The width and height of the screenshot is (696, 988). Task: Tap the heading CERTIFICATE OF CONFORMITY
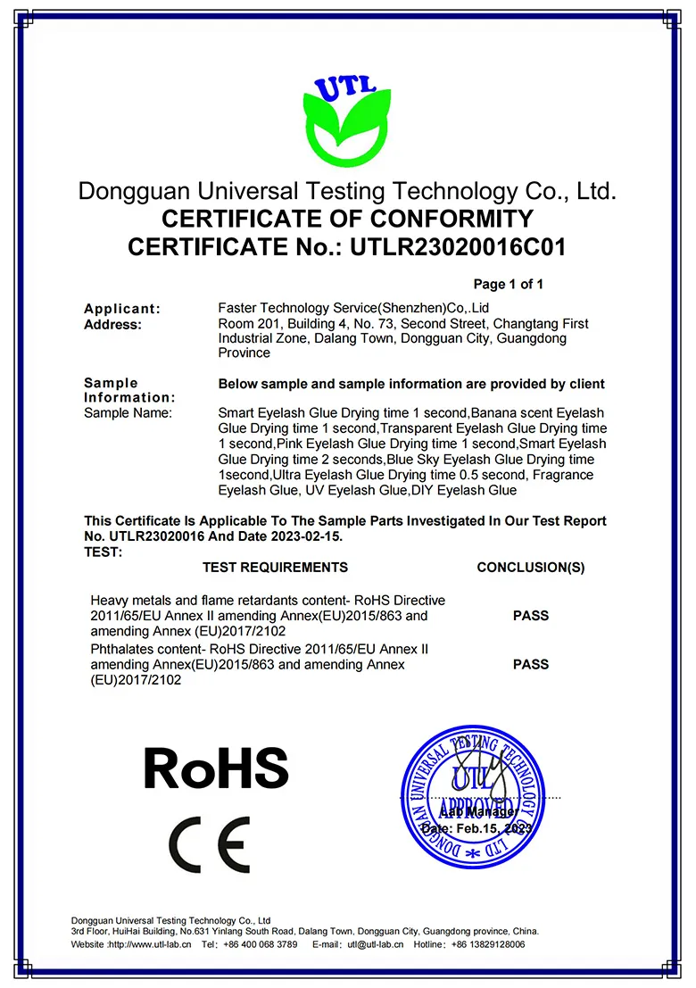click(x=347, y=219)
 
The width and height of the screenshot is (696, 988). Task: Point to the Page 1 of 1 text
click(x=508, y=285)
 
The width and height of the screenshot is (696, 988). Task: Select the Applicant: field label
click(x=122, y=309)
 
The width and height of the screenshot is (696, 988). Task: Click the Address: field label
click(x=112, y=324)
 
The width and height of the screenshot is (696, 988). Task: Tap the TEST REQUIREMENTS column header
click(x=275, y=568)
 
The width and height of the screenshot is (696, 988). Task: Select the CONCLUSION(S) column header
click(x=531, y=568)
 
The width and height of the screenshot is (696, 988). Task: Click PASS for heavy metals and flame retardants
click(x=531, y=616)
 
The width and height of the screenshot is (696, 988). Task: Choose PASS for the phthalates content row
click(x=531, y=665)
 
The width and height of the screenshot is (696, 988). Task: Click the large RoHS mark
click(x=217, y=767)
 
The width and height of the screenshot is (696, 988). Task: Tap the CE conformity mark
click(x=210, y=844)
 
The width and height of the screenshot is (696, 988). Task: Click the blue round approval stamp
click(x=472, y=796)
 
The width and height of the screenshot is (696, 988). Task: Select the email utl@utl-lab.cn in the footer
click(x=376, y=944)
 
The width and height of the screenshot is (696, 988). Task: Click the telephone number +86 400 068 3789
click(x=261, y=944)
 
